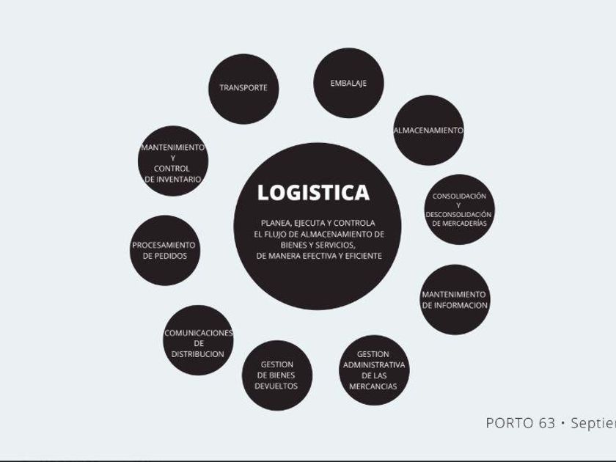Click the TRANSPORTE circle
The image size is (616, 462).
(x=243, y=88)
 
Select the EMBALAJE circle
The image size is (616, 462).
(x=348, y=83)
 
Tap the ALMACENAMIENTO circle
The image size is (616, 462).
(x=428, y=131)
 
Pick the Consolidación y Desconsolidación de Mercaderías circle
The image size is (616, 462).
(x=459, y=209)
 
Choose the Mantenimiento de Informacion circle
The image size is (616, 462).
(x=455, y=299)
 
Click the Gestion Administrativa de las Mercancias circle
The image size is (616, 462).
(x=374, y=370)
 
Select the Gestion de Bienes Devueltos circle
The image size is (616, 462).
(x=277, y=375)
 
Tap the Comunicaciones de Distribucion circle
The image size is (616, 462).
(x=198, y=341)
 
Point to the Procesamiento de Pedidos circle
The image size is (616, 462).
(x=164, y=250)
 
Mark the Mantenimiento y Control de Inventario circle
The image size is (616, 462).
(x=173, y=163)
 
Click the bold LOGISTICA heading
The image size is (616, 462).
(x=313, y=193)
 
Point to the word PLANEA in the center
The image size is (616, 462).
(x=276, y=223)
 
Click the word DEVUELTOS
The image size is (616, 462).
(x=276, y=386)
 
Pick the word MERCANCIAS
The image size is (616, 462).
(x=373, y=386)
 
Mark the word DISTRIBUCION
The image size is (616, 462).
(x=198, y=354)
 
